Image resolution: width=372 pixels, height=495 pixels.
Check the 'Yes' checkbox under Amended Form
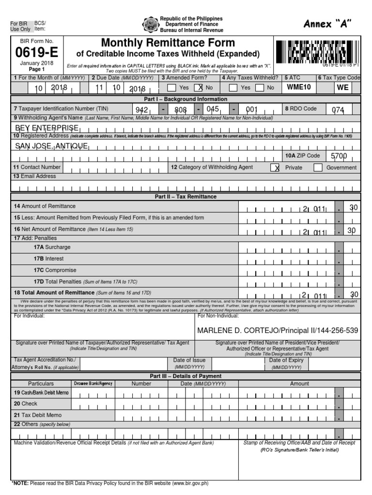171,88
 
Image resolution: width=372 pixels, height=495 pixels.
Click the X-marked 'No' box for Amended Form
198,88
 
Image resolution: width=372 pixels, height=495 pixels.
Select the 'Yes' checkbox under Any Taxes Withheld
233,88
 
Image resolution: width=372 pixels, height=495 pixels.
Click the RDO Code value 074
338,110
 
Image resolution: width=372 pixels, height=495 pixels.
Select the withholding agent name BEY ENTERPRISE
47,128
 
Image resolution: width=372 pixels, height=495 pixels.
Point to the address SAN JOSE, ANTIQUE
52,146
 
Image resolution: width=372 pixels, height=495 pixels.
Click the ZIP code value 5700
339,156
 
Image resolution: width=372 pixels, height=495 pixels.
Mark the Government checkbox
318,168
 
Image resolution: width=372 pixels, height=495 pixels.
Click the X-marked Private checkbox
275,168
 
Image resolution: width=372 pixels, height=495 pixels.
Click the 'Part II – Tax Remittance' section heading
186,197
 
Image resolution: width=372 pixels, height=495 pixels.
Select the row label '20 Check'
26,404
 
